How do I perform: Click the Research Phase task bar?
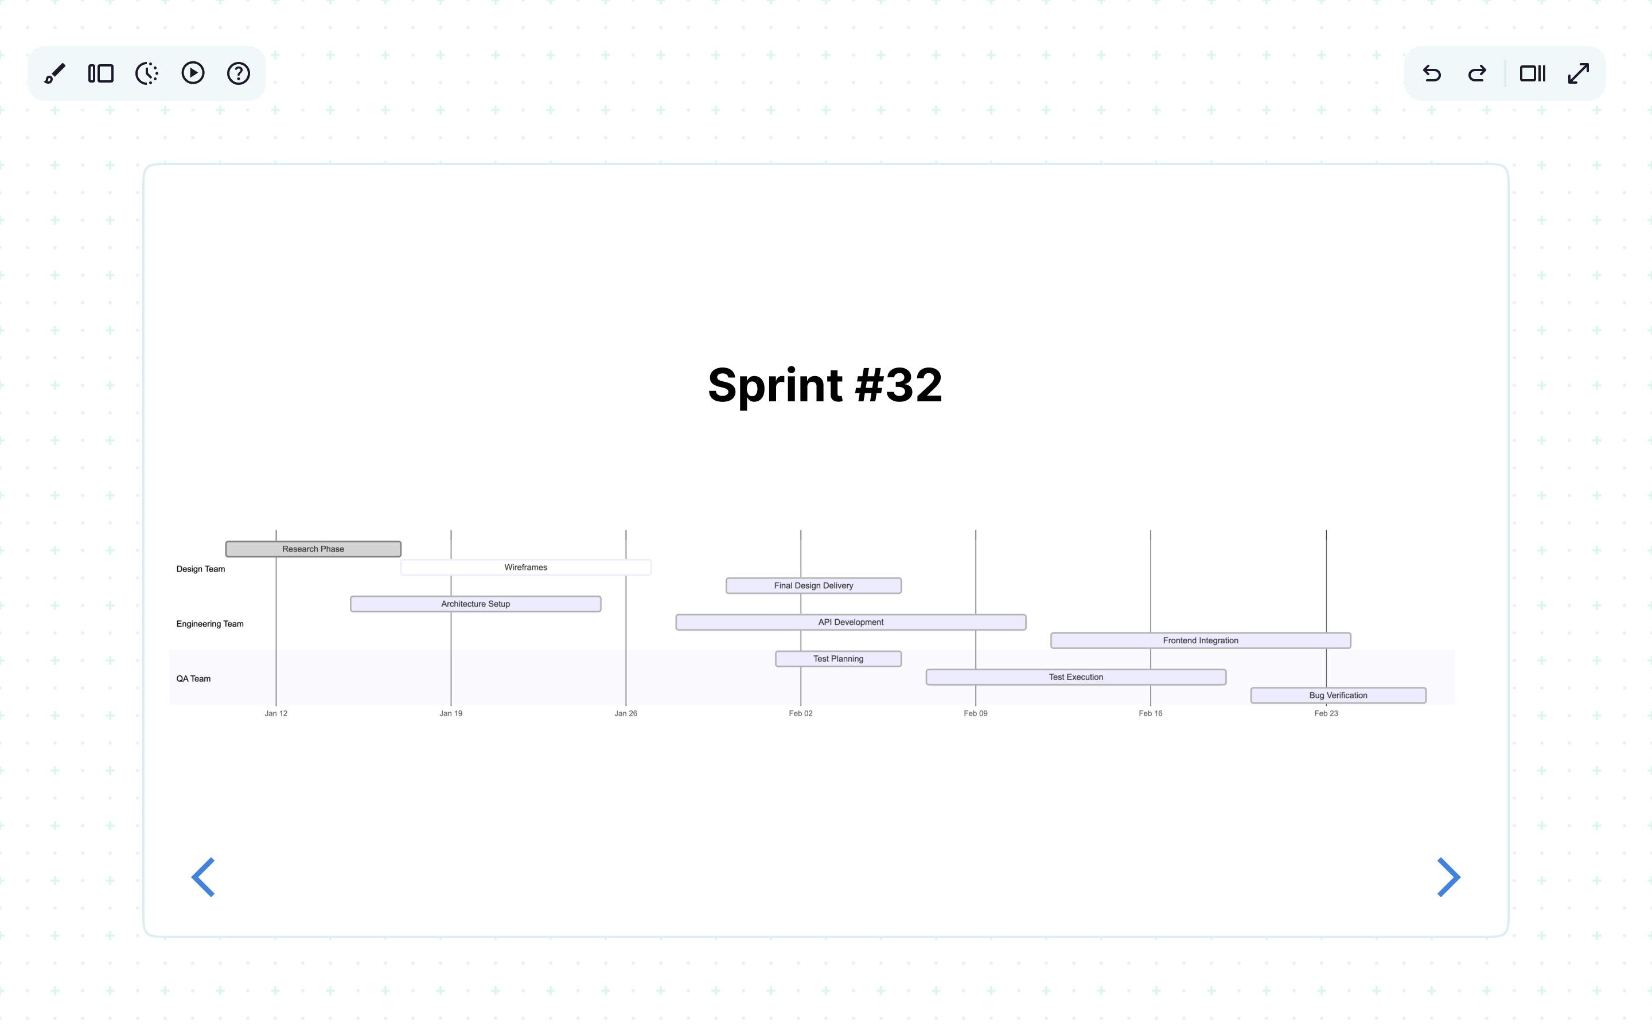pyautogui.click(x=313, y=549)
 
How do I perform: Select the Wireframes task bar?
pyautogui.click(x=525, y=567)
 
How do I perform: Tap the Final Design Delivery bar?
pyautogui.click(x=813, y=585)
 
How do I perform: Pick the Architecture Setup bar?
pyautogui.click(x=475, y=604)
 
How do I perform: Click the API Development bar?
pyautogui.click(x=851, y=622)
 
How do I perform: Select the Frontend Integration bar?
pyautogui.click(x=1200, y=640)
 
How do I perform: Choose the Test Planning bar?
pyautogui.click(x=837, y=659)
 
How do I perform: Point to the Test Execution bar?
pyautogui.click(x=1075, y=677)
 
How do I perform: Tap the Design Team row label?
pyautogui.click(x=201, y=569)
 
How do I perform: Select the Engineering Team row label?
pyautogui.click(x=209, y=624)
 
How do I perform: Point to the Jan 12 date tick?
pyautogui.click(x=276, y=713)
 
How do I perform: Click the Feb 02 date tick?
pyautogui.click(x=800, y=713)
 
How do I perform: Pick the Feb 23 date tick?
pyautogui.click(x=1326, y=713)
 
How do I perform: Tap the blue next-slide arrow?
pyautogui.click(x=1448, y=877)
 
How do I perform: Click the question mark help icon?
pyautogui.click(x=238, y=73)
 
